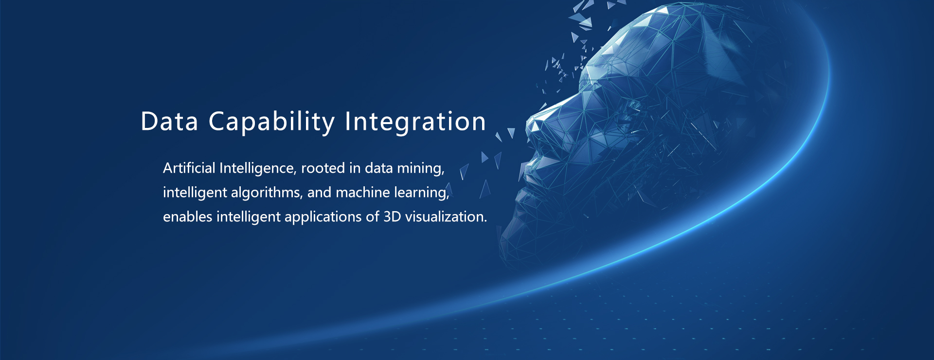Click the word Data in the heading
click(169, 121)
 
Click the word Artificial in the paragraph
click(189, 168)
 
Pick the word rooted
click(323, 168)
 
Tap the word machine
click(363, 193)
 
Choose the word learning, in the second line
click(422, 194)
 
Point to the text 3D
click(392, 217)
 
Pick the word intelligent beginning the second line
click(195, 193)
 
